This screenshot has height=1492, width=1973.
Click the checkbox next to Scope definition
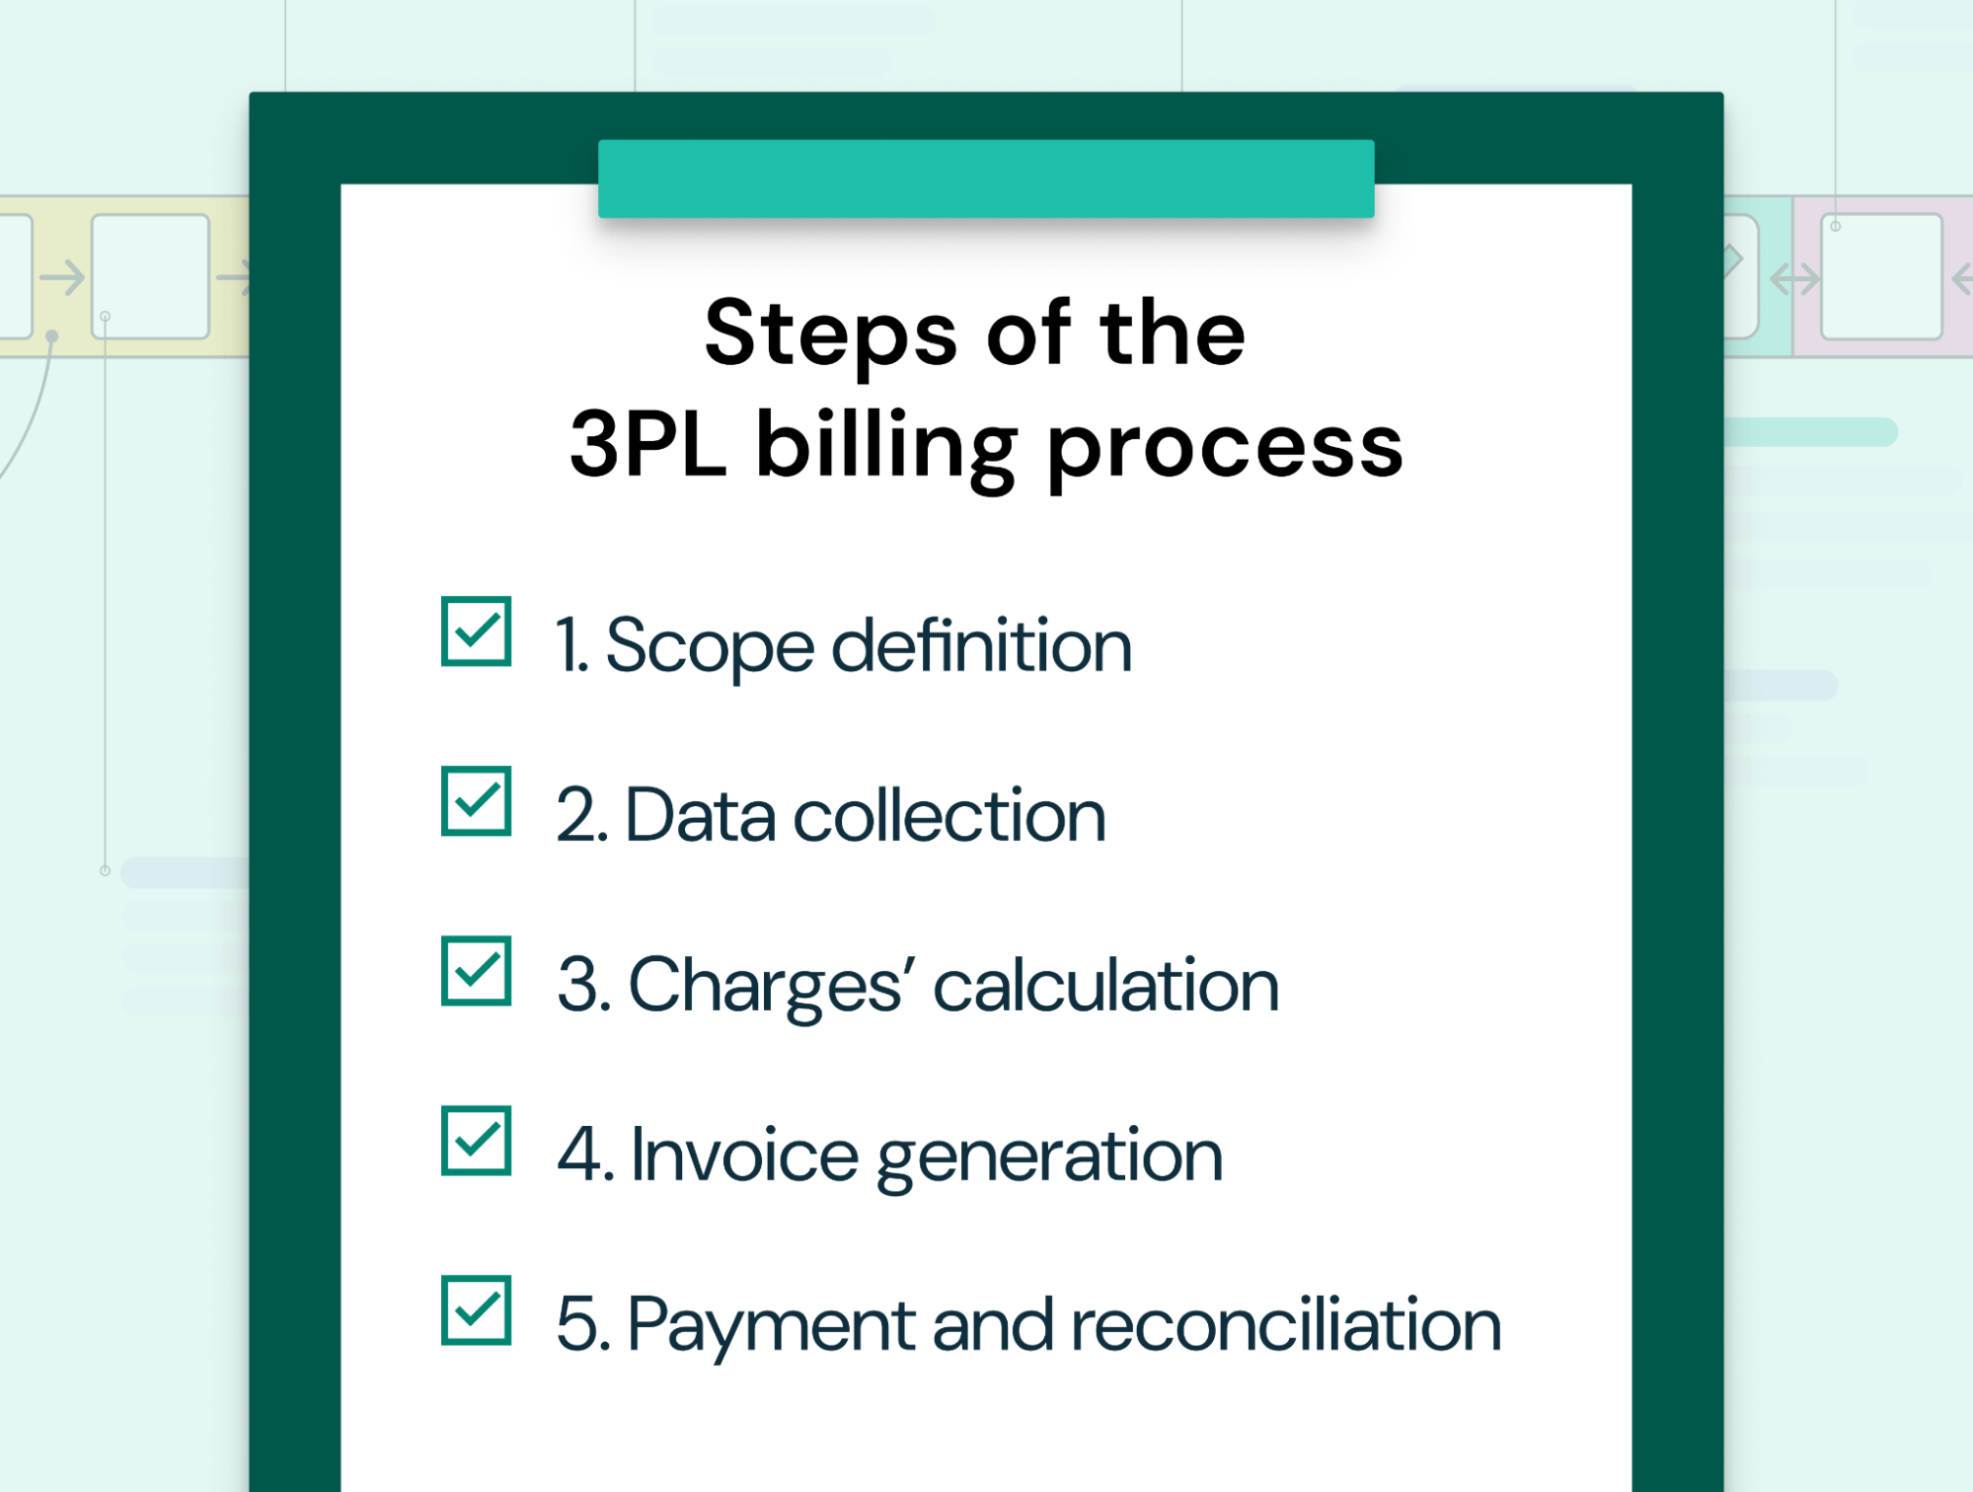[476, 632]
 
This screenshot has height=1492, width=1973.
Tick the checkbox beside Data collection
[476, 801]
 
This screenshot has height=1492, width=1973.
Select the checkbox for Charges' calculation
[476, 971]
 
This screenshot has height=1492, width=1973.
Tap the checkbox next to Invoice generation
[476, 1141]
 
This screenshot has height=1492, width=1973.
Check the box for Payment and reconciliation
[476, 1310]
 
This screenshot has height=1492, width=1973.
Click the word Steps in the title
[830, 336]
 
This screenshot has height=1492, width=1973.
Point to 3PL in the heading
[647, 446]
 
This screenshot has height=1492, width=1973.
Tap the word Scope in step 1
[709, 647]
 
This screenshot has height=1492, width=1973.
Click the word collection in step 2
[949, 817]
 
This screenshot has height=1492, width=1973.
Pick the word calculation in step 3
[1105, 986]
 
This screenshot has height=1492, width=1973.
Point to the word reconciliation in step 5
[1285, 1325]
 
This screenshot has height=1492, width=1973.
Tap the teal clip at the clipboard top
[985, 179]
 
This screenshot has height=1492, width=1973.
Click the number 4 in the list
[577, 1155]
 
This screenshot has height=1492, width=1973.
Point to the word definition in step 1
[981, 647]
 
